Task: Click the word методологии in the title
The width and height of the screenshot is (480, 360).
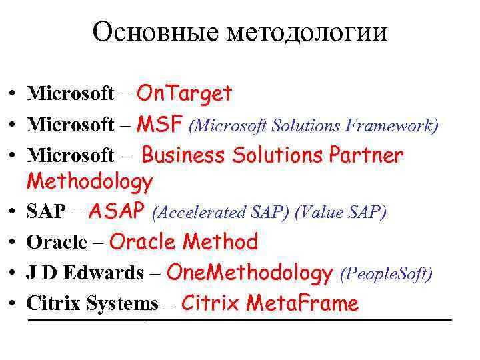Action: [x=307, y=32]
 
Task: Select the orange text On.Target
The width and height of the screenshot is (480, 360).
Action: [x=184, y=94]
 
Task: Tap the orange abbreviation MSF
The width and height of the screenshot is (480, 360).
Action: [x=160, y=124]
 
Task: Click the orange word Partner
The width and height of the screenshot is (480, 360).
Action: [x=366, y=155]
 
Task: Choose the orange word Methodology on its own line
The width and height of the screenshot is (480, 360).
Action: [x=89, y=181]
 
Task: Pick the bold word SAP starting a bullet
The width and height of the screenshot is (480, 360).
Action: [x=46, y=212]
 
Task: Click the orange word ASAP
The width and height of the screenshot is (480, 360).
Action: [x=117, y=211]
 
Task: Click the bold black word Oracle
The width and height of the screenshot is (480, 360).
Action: [x=57, y=243]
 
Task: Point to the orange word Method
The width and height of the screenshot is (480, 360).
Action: [x=220, y=241]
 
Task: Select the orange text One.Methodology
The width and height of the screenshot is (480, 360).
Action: [x=249, y=272]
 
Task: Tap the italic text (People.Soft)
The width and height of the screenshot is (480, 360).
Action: [x=386, y=273]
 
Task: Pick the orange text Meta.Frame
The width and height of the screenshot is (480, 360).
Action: [x=302, y=303]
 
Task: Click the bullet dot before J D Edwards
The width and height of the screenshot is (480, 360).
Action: [x=13, y=274]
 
